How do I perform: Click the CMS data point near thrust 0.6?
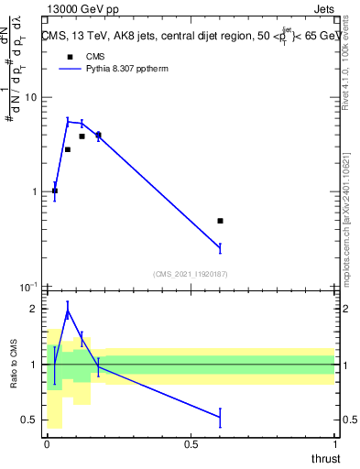click(x=220, y=221)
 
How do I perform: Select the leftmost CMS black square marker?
click(x=55, y=191)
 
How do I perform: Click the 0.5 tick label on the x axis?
click(x=191, y=444)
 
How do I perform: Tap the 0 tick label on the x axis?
click(x=47, y=444)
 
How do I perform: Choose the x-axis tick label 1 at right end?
click(x=333, y=444)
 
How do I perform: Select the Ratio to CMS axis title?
click(x=13, y=364)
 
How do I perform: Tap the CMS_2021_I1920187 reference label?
click(x=191, y=273)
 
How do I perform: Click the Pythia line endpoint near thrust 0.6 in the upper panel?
click(x=220, y=248)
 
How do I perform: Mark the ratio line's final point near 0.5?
click(x=220, y=418)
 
